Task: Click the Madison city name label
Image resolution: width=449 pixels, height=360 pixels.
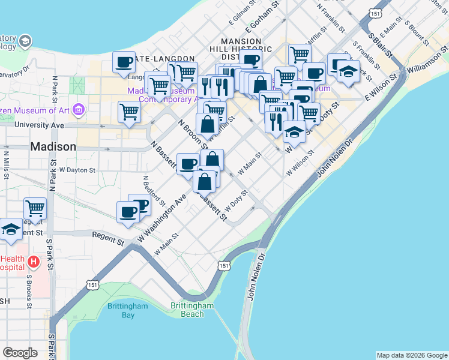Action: (53, 146)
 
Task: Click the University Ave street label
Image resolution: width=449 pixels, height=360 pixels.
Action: (39, 125)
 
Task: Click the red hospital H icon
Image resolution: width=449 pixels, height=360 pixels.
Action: (34, 262)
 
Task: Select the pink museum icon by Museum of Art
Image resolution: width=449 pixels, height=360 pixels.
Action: (78, 110)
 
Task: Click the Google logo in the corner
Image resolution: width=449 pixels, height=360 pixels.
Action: (20, 353)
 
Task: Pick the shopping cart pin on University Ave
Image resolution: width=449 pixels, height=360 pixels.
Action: (130, 111)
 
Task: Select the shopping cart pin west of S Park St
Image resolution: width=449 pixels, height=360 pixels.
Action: (35, 209)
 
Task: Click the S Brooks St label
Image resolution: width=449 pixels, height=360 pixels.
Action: (28, 292)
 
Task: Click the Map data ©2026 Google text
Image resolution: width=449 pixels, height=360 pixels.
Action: (412, 355)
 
